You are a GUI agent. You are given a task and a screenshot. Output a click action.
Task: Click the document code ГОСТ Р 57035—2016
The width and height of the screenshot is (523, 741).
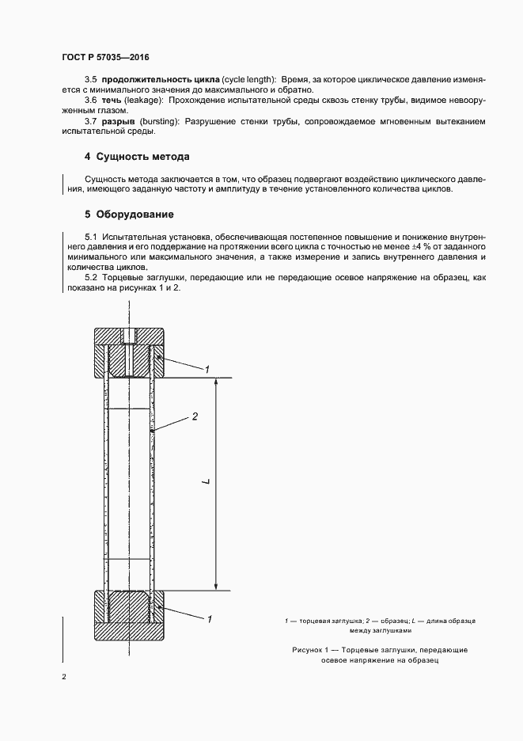click(x=105, y=59)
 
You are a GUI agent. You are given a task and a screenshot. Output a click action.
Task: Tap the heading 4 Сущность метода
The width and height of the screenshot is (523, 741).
click(x=137, y=157)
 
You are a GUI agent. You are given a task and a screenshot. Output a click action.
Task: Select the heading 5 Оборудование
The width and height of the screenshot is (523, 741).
click(x=129, y=215)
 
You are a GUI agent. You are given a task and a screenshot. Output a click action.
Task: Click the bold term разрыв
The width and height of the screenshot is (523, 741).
click(x=118, y=122)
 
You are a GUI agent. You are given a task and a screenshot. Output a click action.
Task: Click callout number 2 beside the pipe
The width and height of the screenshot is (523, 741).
click(x=195, y=416)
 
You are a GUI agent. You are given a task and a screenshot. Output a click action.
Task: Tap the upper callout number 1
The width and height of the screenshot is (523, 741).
click(x=207, y=369)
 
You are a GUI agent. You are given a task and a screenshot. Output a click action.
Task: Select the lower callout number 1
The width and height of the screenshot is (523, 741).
click(x=209, y=618)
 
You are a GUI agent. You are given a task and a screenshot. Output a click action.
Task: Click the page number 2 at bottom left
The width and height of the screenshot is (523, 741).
click(x=63, y=678)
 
